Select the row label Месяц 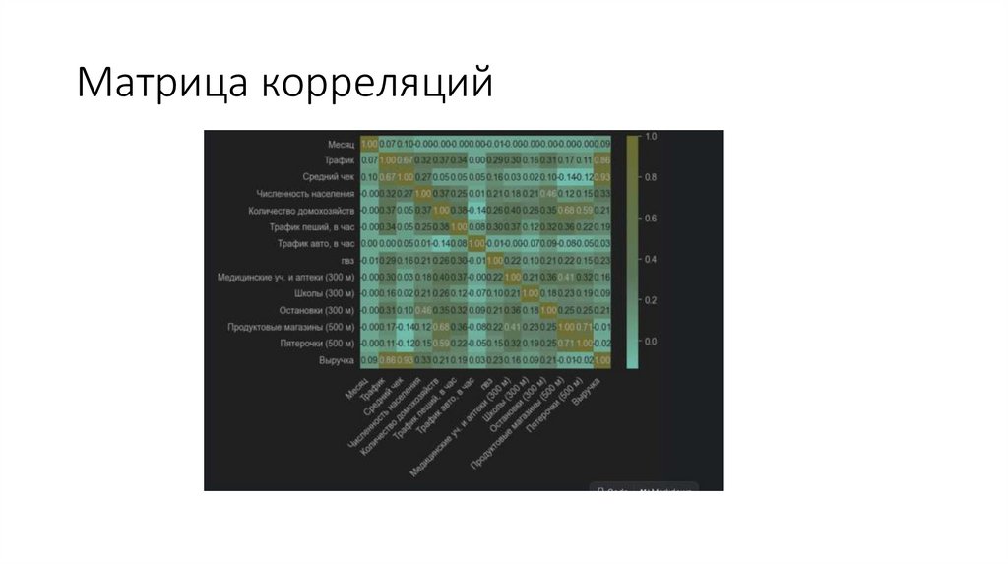click(341, 144)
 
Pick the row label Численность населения click(305, 194)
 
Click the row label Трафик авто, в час click(315, 244)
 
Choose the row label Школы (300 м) click(324, 294)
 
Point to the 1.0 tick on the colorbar click(651, 136)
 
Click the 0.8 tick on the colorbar click(651, 177)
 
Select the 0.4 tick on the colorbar click(651, 259)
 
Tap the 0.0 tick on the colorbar click(651, 341)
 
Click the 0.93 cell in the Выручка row click(405, 361)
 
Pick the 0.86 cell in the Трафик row click(602, 160)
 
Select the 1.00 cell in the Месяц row click(369, 144)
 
